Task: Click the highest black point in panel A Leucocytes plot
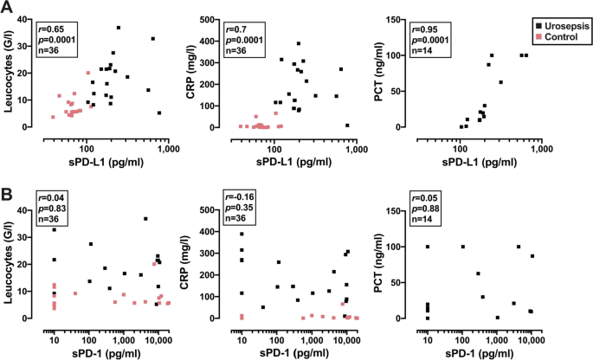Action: coord(119,28)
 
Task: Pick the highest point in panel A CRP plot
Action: coord(299,43)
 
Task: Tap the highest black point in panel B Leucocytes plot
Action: coord(145,219)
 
